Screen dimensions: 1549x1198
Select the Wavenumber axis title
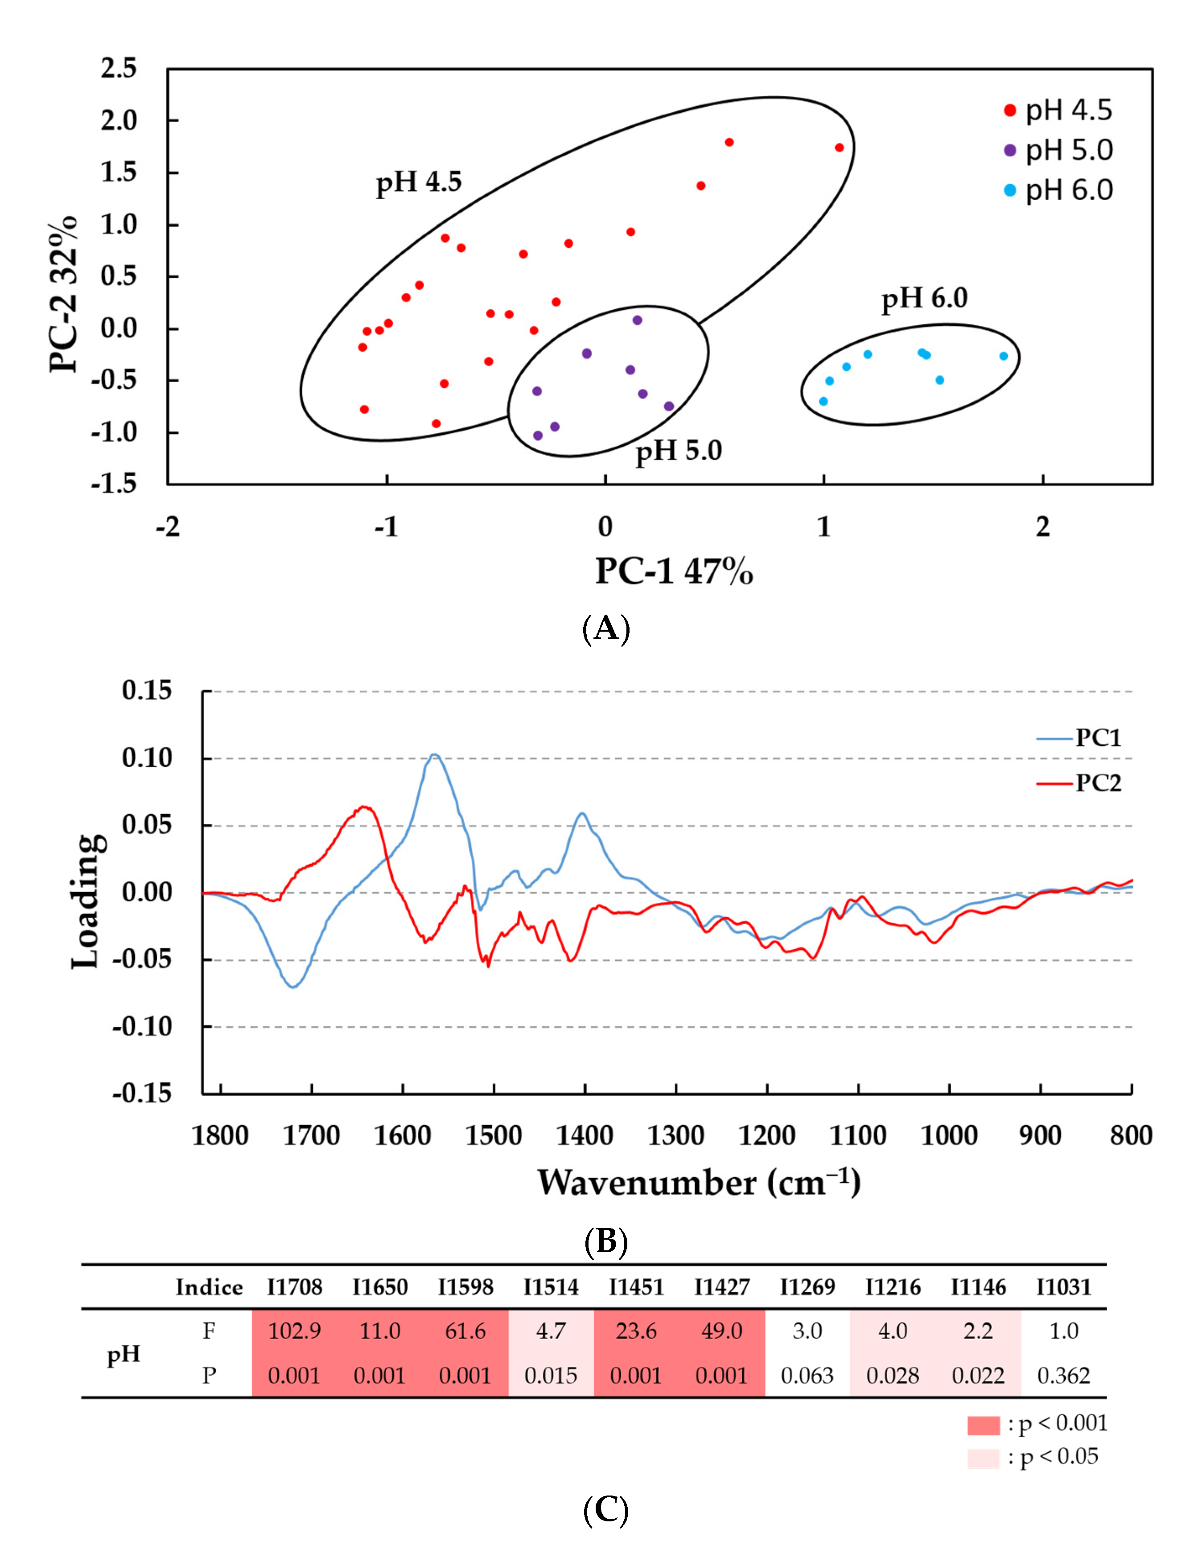click(x=699, y=1183)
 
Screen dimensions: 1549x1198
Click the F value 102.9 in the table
click(x=294, y=1331)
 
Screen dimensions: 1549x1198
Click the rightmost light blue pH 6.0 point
click(x=1003, y=356)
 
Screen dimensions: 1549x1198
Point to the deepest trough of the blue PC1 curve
click(x=293, y=986)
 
